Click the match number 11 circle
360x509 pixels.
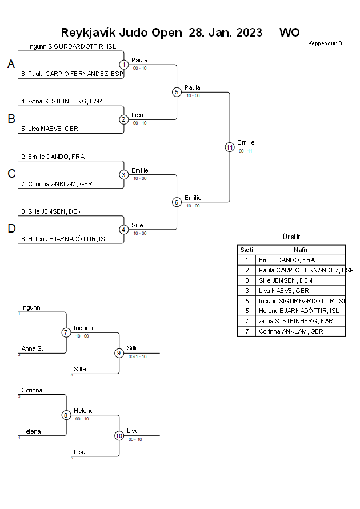click(x=230, y=147)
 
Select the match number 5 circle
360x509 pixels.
click(x=177, y=92)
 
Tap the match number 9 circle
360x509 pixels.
click(x=119, y=353)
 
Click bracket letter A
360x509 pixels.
click(x=11, y=65)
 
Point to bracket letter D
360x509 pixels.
click(x=11, y=229)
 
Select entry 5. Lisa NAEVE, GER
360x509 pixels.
click(x=50, y=129)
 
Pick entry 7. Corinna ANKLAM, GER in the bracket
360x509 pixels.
click(x=57, y=184)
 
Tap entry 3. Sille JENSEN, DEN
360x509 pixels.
click(x=51, y=211)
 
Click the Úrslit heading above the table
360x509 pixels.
click(x=291, y=237)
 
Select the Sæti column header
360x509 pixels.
click(x=246, y=250)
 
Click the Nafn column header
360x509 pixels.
click(x=301, y=250)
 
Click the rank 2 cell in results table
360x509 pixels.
click(x=246, y=270)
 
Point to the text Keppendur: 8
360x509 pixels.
click(x=325, y=43)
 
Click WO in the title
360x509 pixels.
click(x=289, y=33)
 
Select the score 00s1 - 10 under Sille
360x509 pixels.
click(x=137, y=356)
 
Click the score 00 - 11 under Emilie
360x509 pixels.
click(x=245, y=151)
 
